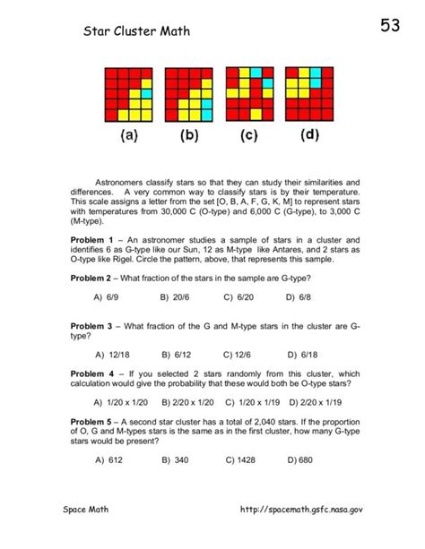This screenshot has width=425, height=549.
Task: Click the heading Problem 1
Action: (93, 240)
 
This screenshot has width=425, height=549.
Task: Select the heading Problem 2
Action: (93, 279)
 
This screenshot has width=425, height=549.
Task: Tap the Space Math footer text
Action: (87, 534)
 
